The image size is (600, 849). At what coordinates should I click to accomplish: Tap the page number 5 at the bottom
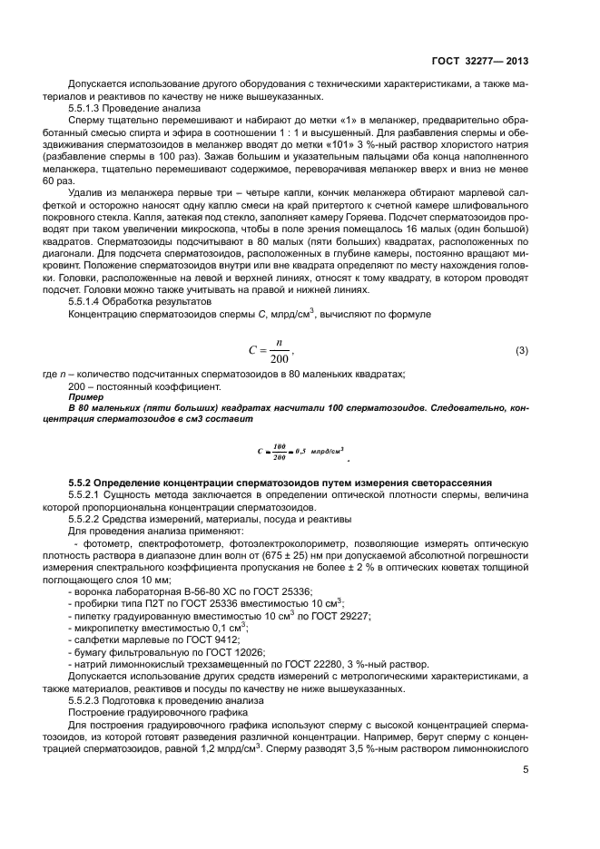525,771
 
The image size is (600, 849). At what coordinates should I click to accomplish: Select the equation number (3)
521,349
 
